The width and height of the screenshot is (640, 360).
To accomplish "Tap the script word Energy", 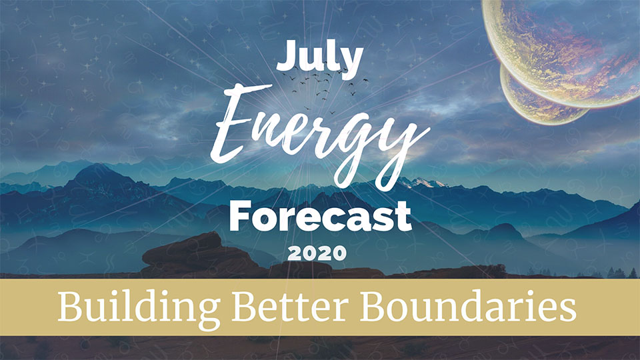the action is [x=319, y=133].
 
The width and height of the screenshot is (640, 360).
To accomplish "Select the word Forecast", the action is [x=321, y=216].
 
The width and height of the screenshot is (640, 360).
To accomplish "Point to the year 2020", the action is [x=317, y=253].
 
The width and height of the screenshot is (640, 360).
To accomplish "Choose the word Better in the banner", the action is [x=289, y=306].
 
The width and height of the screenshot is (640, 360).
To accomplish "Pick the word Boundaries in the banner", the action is [x=468, y=306].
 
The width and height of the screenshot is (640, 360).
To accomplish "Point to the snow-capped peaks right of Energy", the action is [x=423, y=183].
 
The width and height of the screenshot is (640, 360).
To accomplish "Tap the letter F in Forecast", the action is [x=241, y=216].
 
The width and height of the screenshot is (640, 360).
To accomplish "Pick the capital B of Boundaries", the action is [x=374, y=306].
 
